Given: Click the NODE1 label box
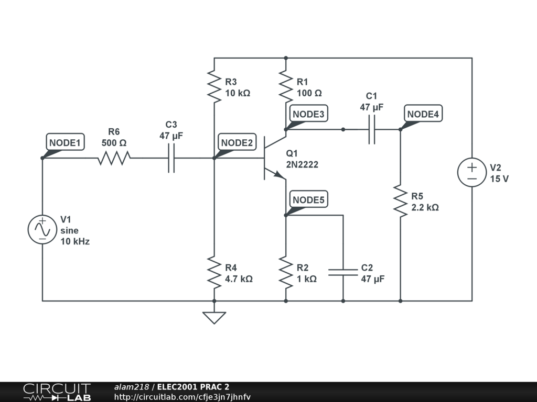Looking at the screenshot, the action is click(x=65, y=142).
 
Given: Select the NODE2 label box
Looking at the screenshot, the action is click(x=237, y=142).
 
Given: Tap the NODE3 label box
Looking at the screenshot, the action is click(x=308, y=114).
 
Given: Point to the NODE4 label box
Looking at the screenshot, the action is click(x=423, y=114).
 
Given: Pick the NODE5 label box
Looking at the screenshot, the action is click(x=308, y=199).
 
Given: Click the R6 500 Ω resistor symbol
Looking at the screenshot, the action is click(x=114, y=158).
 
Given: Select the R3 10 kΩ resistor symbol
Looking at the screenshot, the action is click(x=214, y=87).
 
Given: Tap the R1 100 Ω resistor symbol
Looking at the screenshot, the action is click(x=286, y=87).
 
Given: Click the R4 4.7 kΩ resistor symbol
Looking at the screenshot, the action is click(x=214, y=272).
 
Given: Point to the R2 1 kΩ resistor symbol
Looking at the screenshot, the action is click(x=286, y=272).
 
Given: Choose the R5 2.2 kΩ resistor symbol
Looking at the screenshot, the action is click(x=400, y=201).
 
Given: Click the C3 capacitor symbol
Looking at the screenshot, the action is click(x=171, y=158).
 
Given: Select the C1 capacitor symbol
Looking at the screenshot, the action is click(x=372, y=130).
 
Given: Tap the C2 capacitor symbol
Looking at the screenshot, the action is click(x=343, y=272).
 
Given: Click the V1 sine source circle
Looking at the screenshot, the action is click(x=42, y=230).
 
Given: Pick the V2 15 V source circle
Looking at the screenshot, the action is click(x=472, y=172).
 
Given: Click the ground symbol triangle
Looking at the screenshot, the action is click(x=214, y=318).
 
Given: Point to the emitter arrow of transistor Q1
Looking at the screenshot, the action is click(x=279, y=174).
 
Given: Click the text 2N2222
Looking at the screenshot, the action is click(x=302, y=164).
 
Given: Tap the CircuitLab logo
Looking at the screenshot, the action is click(x=57, y=392).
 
